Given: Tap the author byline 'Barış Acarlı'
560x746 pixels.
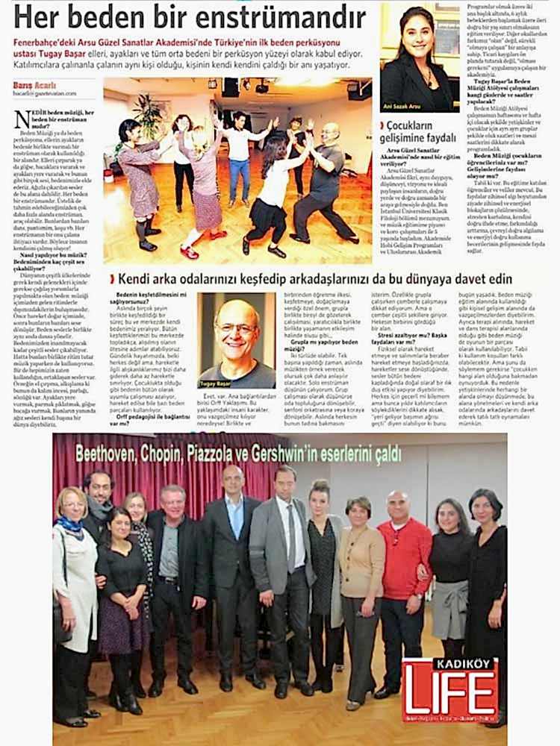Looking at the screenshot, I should point(33,85).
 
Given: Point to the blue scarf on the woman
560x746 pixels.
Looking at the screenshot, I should point(72,524).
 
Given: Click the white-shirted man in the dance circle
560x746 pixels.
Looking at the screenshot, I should point(239,153).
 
